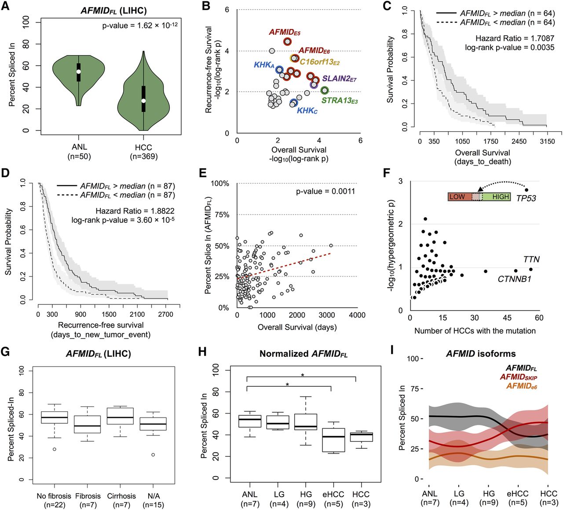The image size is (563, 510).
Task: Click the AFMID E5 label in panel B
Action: [x=285, y=32]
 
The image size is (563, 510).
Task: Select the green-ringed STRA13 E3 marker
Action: [x=325, y=90]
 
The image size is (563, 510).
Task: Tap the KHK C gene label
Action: [x=307, y=111]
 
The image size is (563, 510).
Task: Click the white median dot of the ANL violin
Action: [x=79, y=71]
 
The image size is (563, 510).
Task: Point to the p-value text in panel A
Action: [x=140, y=26]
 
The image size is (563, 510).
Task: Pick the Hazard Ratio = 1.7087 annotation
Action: [x=515, y=38]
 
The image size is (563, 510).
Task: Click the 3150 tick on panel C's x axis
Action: [x=547, y=141]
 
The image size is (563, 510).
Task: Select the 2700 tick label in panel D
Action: [x=165, y=314]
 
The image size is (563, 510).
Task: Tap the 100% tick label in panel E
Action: [x=220, y=183]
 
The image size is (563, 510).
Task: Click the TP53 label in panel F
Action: [x=526, y=198]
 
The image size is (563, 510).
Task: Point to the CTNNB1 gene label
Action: [x=514, y=279]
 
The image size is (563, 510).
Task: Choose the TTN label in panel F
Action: [x=531, y=259]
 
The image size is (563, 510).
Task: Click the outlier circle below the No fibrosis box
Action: [x=55, y=449]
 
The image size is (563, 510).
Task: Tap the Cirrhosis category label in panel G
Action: [x=121, y=496]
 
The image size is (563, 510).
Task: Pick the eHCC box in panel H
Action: [x=334, y=440]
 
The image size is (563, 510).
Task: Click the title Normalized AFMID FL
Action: [x=303, y=354]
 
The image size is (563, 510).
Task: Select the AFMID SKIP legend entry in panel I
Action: [x=518, y=377]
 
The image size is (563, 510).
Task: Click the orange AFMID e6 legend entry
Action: [x=521, y=386]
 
